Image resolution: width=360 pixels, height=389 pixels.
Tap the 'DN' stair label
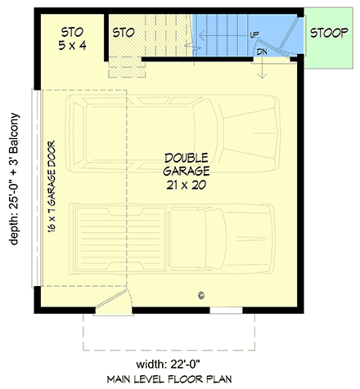click(x=261, y=51)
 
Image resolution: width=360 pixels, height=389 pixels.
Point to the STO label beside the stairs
click(x=123, y=33)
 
